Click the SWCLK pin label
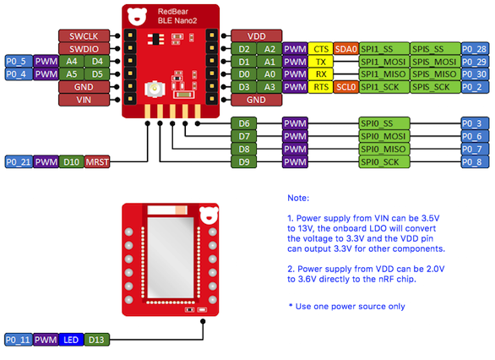pyautogui.click(x=84, y=36)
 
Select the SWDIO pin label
pyautogui.click(x=84, y=49)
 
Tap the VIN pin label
pyautogui.click(x=84, y=100)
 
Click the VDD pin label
pyautogui.click(x=256, y=36)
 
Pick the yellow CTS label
pyautogui.click(x=321, y=49)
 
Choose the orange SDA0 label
pyautogui.click(x=346, y=49)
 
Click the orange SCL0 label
pyautogui.click(x=346, y=87)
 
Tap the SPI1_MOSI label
pyautogui.click(x=384, y=62)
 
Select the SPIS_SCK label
pyautogui.click(x=435, y=87)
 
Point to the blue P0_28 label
pyautogui.click(x=475, y=49)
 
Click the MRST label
pyautogui.click(x=97, y=162)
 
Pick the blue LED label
pyautogui.click(x=71, y=340)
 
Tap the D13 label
pyautogui.click(x=96, y=340)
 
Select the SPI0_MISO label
pyautogui.click(x=384, y=149)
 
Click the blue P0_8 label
pyautogui.click(x=475, y=162)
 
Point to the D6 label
pyautogui.click(x=244, y=123)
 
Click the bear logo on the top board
pyautogui.click(x=137, y=17)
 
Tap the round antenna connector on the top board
pyautogui.click(x=155, y=89)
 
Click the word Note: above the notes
pyautogui.click(x=298, y=198)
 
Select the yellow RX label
pyautogui.click(x=321, y=74)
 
